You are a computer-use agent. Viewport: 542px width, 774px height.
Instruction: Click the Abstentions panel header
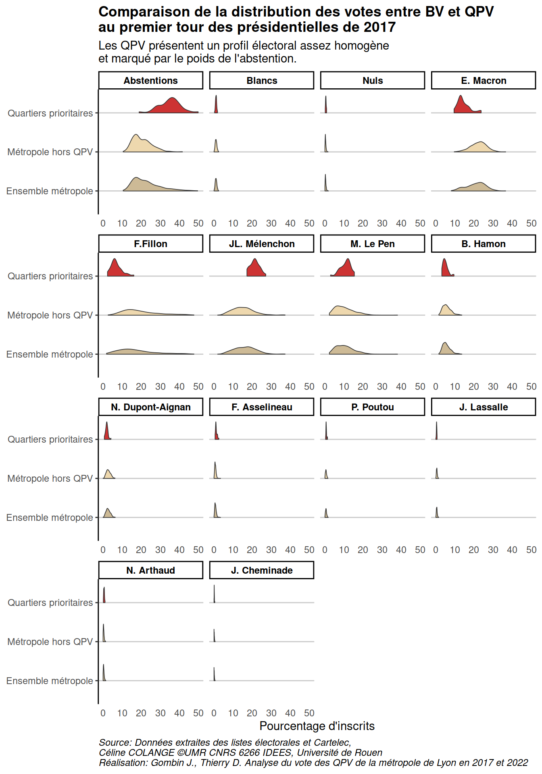tap(150, 81)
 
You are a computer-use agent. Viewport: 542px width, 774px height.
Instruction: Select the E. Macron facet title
tap(483, 81)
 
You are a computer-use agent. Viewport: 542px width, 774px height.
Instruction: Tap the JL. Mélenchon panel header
tap(261, 244)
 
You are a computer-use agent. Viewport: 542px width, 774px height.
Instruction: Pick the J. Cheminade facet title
tap(261, 570)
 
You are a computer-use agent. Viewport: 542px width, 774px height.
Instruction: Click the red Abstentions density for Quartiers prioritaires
tap(171, 107)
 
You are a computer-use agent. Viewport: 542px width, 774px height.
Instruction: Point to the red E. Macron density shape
tap(462, 107)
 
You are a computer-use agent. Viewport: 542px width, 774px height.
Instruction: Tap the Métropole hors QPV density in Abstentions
tap(139, 145)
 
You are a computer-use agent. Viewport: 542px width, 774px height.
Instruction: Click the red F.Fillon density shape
tap(116, 269)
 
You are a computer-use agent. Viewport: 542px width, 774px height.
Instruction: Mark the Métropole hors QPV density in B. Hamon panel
tap(445, 311)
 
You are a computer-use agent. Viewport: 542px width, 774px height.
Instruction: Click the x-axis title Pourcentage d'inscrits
tap(317, 726)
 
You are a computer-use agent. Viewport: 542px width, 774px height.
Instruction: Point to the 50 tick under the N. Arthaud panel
tap(198, 713)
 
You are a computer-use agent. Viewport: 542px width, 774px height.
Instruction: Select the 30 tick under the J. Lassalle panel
tap(493, 550)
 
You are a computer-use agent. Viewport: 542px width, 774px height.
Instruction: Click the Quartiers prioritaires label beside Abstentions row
tap(50, 113)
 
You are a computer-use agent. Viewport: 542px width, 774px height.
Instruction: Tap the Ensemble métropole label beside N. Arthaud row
tap(50, 681)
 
